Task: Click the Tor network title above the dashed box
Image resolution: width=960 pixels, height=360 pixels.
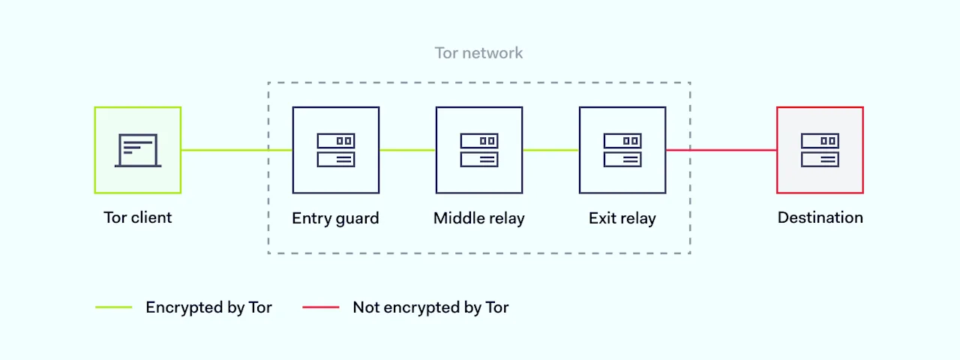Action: coord(478,53)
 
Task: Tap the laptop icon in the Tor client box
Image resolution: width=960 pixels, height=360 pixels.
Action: coord(137,150)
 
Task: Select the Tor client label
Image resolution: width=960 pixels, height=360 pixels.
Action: coord(137,217)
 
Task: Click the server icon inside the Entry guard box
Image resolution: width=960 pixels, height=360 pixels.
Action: coord(335,150)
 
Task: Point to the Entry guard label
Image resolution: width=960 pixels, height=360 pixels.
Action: coord(335,218)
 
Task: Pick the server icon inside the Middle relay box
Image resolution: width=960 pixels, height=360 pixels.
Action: coord(478,150)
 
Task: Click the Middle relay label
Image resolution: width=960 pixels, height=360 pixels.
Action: coord(478,218)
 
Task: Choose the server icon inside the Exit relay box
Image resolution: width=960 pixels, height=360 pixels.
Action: coord(622,150)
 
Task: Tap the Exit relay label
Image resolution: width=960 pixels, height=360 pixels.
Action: coord(622,218)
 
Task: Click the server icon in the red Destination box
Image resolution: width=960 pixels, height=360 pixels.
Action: coord(820,150)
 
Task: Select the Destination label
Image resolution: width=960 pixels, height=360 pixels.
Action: coord(820,217)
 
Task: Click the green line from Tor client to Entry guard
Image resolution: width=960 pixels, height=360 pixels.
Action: coord(236,150)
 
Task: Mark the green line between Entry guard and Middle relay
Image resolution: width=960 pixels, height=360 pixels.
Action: coord(407,150)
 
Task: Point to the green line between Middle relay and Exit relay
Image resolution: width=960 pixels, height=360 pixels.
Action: coord(550,150)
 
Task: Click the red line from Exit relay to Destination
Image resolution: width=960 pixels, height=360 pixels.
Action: coord(721,150)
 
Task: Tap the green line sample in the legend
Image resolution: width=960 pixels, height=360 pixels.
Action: coord(114,307)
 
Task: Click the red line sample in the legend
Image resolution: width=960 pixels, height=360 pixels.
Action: coord(320,307)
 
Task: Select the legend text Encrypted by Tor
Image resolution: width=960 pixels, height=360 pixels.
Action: coord(208,307)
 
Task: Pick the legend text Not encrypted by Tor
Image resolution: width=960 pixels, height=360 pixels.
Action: coord(430,307)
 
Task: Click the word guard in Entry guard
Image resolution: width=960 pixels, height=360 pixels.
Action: coord(355,219)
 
